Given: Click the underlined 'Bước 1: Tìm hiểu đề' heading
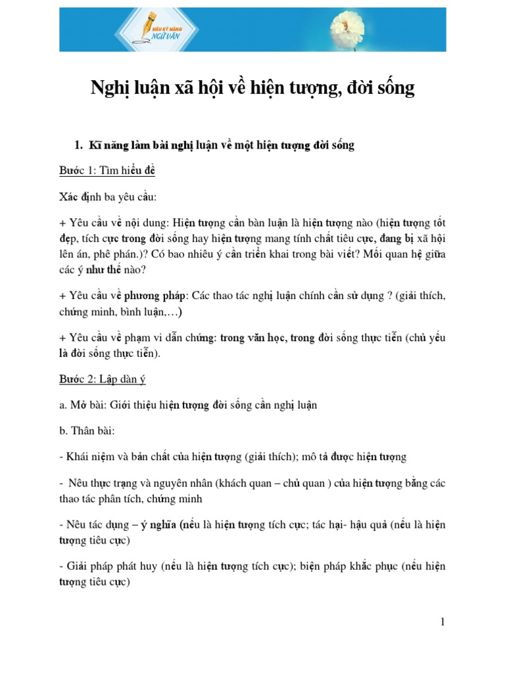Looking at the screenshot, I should tap(107, 170).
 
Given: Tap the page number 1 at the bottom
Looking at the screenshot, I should tap(443, 621).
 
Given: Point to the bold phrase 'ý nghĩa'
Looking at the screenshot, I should tap(163, 524).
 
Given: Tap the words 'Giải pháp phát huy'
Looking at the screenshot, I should tap(112, 566).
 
